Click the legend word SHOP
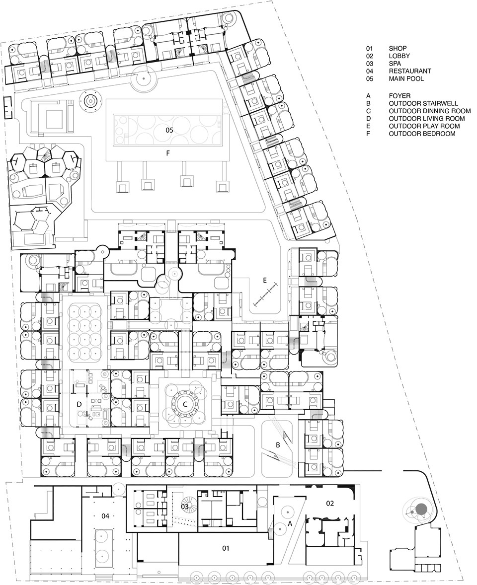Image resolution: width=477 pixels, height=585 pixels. click(397, 48)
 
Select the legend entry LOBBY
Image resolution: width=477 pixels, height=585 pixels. click(399, 56)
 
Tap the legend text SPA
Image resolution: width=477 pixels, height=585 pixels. click(395, 64)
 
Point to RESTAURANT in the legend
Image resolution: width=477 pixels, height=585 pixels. click(410, 71)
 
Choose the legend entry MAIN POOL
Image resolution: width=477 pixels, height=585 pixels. click(406, 79)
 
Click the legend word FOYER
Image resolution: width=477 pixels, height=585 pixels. click(399, 96)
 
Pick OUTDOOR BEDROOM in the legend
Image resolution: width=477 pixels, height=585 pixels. click(422, 134)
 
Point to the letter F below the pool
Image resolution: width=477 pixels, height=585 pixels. click(168, 152)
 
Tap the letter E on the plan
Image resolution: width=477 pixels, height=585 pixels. click(264, 281)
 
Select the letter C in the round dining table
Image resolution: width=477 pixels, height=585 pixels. click(184, 404)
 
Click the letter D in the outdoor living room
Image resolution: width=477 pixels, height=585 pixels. click(79, 404)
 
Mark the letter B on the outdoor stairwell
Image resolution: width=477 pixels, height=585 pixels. click(278, 445)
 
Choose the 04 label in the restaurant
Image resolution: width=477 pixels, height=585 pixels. click(105, 516)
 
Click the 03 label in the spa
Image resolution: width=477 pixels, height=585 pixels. click(185, 506)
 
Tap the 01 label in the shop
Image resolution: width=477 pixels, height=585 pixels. click(225, 548)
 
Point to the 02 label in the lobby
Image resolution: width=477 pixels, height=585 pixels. click(330, 503)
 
